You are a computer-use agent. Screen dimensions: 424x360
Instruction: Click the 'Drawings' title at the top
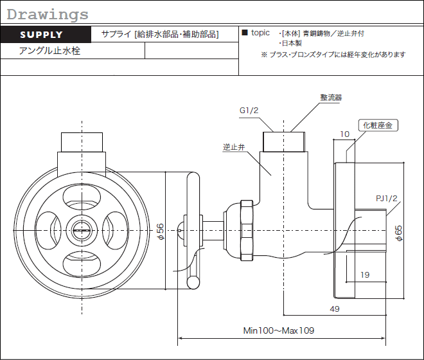pyautogui.click(x=48, y=15)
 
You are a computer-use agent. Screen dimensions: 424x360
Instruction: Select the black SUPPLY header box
pyautogui.click(x=46, y=34)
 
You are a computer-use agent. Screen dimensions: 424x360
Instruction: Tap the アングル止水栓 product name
pyautogui.click(x=49, y=51)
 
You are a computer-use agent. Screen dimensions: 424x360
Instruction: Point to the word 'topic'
pyautogui.click(x=260, y=33)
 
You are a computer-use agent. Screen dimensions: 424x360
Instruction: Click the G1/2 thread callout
pyautogui.click(x=249, y=111)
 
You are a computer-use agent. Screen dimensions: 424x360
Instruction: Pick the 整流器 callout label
pyautogui.click(x=331, y=98)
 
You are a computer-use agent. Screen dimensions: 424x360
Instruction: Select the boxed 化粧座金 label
pyautogui.click(x=378, y=125)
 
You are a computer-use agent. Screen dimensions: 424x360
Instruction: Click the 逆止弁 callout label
pyautogui.click(x=234, y=147)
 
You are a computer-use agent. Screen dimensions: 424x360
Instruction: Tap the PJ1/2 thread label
pyautogui.click(x=387, y=199)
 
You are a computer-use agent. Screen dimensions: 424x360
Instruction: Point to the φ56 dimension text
pyautogui.click(x=161, y=231)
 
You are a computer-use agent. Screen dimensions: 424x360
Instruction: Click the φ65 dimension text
pyautogui.click(x=398, y=233)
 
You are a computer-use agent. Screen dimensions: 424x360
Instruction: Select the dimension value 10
pyautogui.click(x=344, y=134)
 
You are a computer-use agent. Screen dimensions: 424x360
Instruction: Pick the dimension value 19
pyautogui.click(x=365, y=275)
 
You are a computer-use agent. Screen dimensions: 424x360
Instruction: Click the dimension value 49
pyautogui.click(x=335, y=309)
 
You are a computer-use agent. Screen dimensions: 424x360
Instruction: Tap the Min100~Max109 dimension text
pyautogui.click(x=279, y=330)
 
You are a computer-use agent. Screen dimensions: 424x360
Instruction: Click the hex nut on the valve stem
pyautogui.click(x=247, y=230)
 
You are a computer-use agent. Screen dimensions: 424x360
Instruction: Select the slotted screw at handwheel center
pyautogui.click(x=82, y=230)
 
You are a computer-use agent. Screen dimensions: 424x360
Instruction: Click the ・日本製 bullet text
pyautogui.click(x=290, y=43)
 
